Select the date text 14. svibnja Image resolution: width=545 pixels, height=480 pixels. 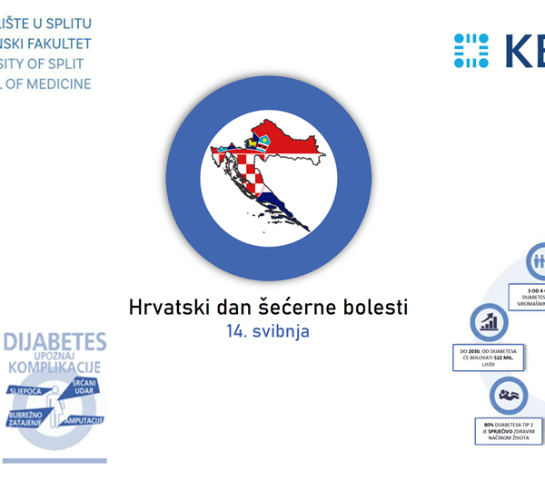click(x=268, y=332)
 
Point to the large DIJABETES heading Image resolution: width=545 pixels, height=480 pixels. click(x=55, y=343)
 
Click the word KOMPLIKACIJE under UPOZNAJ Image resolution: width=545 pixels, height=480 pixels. click(x=54, y=368)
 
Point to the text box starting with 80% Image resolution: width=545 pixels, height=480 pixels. click(x=510, y=429)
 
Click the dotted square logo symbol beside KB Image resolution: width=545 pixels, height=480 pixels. click(x=471, y=50)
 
